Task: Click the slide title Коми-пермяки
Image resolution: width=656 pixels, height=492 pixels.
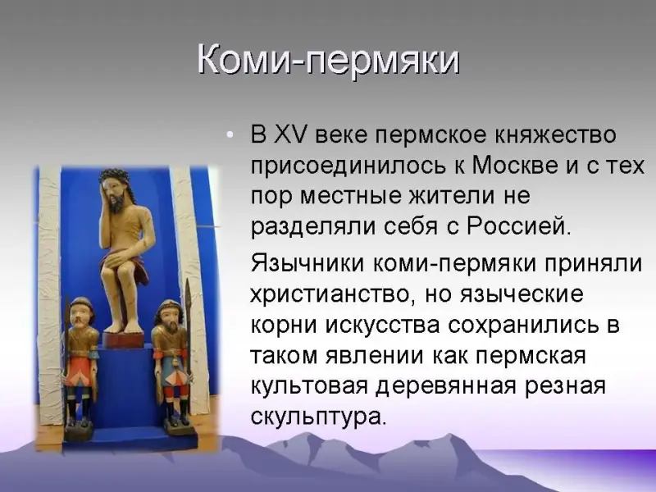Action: (329, 61)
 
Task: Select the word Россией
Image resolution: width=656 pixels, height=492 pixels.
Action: (518, 226)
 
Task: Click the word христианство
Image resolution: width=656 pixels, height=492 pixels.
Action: (334, 294)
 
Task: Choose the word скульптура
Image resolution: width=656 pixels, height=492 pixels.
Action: (317, 417)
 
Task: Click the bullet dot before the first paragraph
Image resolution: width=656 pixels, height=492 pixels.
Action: (229, 135)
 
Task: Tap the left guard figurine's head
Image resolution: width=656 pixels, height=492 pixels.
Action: (81, 311)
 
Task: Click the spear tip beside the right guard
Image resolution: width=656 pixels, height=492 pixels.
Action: (188, 292)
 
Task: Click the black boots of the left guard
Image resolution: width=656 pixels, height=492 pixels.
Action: (79, 413)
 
